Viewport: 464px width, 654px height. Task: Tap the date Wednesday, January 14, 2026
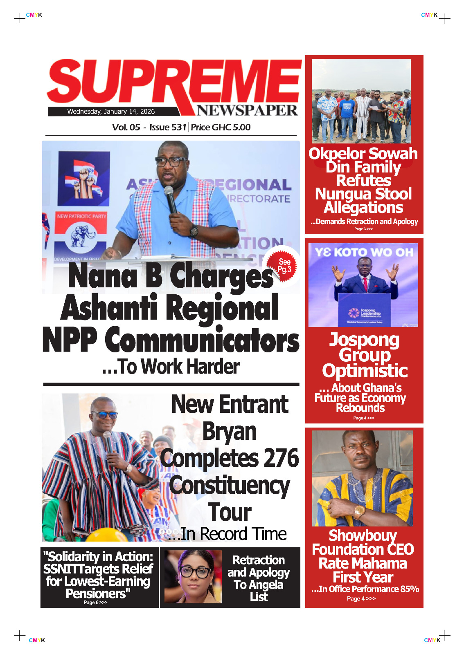click(x=111, y=111)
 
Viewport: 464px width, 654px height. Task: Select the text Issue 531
click(x=168, y=127)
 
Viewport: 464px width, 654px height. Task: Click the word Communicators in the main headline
click(x=202, y=340)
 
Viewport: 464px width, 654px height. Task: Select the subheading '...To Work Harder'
click(x=171, y=367)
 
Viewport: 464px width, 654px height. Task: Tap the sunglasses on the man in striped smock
click(x=104, y=415)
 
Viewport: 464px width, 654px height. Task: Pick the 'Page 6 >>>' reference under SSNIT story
click(x=95, y=602)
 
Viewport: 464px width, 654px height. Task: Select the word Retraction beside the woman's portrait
click(x=259, y=560)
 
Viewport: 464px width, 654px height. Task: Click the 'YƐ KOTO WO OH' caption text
click(x=364, y=252)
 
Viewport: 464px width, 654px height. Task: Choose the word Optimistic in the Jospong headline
click(x=365, y=371)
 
